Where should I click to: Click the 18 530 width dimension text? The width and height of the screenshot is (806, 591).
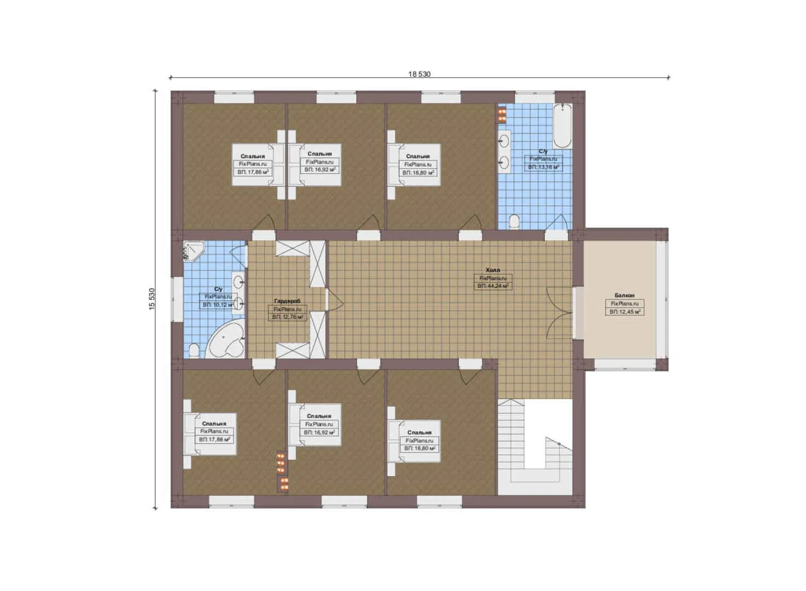click(419, 74)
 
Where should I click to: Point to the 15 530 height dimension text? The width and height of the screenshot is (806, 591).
click(152, 299)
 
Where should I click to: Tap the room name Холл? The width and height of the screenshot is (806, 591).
click(493, 270)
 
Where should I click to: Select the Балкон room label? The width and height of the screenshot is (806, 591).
click(624, 296)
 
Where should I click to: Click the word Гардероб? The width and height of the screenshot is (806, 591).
click(287, 301)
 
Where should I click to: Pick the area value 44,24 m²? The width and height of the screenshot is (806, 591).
click(493, 286)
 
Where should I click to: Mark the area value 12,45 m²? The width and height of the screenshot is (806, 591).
click(624, 312)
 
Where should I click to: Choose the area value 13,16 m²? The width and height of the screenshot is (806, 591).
click(543, 167)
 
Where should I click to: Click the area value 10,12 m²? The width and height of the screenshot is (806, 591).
click(218, 305)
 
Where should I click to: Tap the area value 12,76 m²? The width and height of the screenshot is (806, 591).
click(288, 317)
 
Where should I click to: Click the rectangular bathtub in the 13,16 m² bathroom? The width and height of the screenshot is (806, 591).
click(562, 127)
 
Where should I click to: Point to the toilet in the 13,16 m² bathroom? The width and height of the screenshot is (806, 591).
click(514, 222)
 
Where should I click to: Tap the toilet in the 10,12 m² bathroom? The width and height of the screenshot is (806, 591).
click(194, 350)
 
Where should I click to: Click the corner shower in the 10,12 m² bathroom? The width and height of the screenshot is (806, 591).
click(192, 251)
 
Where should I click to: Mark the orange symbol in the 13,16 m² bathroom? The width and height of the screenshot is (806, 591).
click(501, 115)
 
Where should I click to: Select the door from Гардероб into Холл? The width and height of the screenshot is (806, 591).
click(333, 299)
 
